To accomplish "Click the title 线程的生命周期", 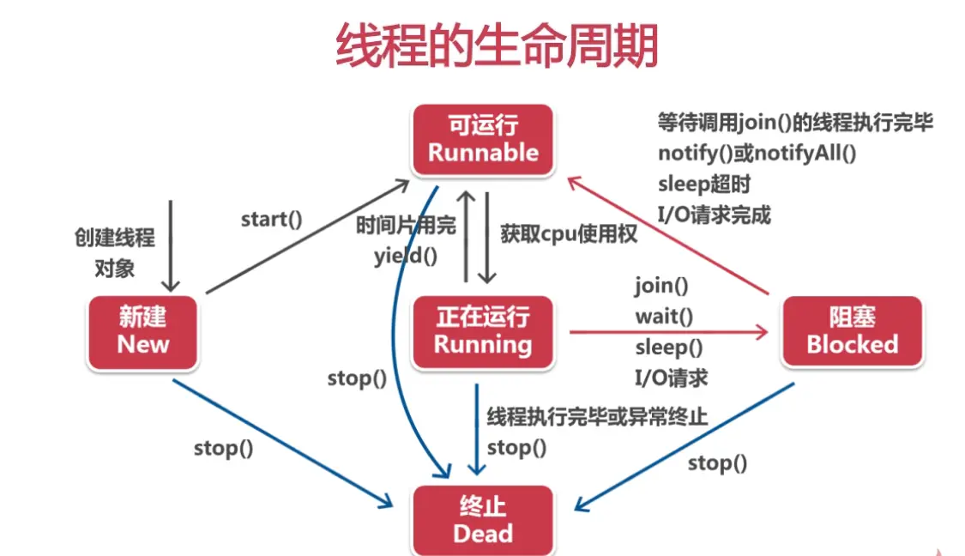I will (497, 45).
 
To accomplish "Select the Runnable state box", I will (483, 139).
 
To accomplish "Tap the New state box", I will (143, 330).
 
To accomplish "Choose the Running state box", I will (483, 330).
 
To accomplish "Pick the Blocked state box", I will (852, 330).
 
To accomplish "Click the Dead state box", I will (483, 521).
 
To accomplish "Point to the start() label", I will (271, 219).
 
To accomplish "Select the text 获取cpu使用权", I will (569, 233).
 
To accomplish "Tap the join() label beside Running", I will (661, 285).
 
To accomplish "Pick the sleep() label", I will (668, 347).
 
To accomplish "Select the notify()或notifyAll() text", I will (757, 154).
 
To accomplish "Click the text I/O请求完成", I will (714, 215).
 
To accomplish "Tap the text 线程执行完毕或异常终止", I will (597, 418).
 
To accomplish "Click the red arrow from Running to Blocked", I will (669, 331).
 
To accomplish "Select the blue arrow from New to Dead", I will (283, 442).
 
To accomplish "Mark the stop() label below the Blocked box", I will (717, 463).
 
